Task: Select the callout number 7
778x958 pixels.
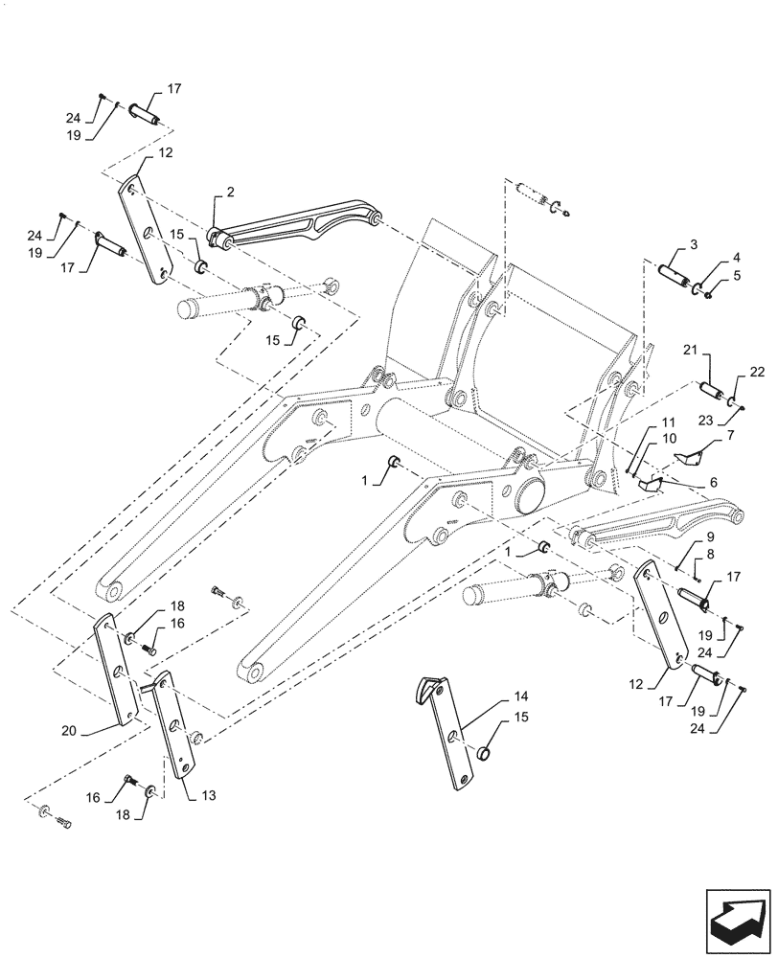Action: click(x=731, y=436)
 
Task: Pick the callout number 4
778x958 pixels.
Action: click(x=735, y=258)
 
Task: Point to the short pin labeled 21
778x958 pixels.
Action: click(x=714, y=394)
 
